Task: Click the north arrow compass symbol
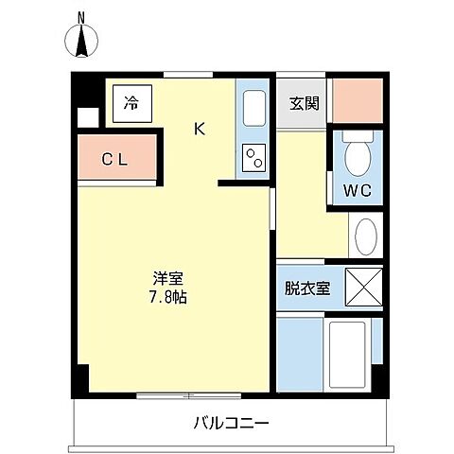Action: point(81,42)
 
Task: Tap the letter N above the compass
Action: point(81,16)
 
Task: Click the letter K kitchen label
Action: point(200,129)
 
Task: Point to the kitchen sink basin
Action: point(253,112)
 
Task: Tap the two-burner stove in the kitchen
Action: point(253,158)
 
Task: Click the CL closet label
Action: point(114,159)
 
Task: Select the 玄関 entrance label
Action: point(302,103)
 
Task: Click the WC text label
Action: point(357,191)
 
